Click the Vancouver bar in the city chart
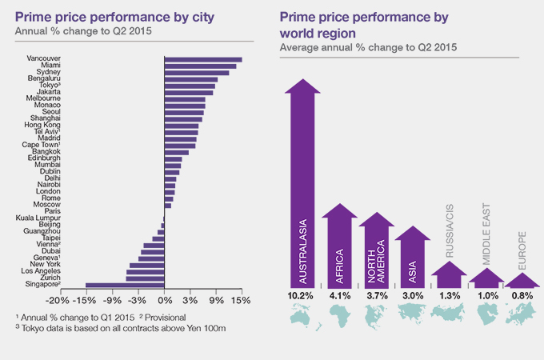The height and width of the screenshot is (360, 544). coord(202,59)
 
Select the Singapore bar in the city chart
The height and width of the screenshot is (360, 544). coord(124,284)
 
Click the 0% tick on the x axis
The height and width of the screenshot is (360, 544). coord(164,301)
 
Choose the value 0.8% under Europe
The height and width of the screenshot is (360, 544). coord(522,297)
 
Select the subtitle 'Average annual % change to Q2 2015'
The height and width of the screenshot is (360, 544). coord(368,48)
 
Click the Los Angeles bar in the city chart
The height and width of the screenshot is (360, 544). coord(145,271)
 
